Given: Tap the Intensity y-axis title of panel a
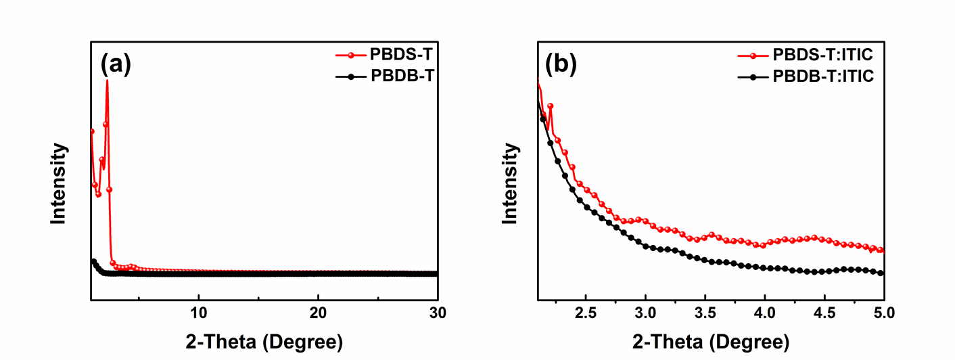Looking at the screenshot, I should (60, 183).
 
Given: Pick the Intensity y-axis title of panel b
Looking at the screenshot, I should (512, 183).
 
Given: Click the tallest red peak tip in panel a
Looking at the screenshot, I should (107, 81).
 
